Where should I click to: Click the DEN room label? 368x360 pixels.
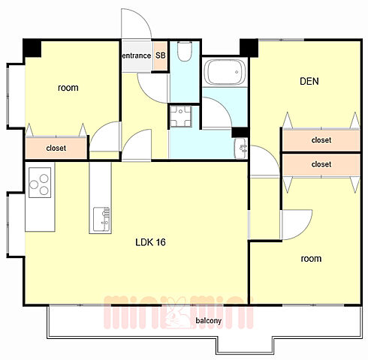(309, 81)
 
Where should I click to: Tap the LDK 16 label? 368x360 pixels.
(150, 242)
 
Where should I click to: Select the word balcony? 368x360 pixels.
(209, 320)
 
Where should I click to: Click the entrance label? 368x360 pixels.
(137, 55)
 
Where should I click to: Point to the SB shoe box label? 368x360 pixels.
(161, 55)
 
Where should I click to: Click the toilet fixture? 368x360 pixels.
(185, 51)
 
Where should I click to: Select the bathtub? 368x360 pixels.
(225, 72)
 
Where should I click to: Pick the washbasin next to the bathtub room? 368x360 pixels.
(241, 148)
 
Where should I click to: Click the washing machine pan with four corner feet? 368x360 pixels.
(180, 116)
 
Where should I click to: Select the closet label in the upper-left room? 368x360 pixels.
(56, 148)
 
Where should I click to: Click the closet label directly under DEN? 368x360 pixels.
(321, 140)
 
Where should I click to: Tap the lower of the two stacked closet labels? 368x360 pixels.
(321, 164)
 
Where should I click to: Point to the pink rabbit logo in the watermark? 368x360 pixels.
(178, 313)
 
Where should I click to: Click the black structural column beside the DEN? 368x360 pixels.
(249, 48)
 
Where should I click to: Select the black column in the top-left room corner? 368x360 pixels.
(32, 48)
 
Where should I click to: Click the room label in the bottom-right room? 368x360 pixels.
(311, 259)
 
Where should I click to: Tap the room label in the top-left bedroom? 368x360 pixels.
(68, 88)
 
